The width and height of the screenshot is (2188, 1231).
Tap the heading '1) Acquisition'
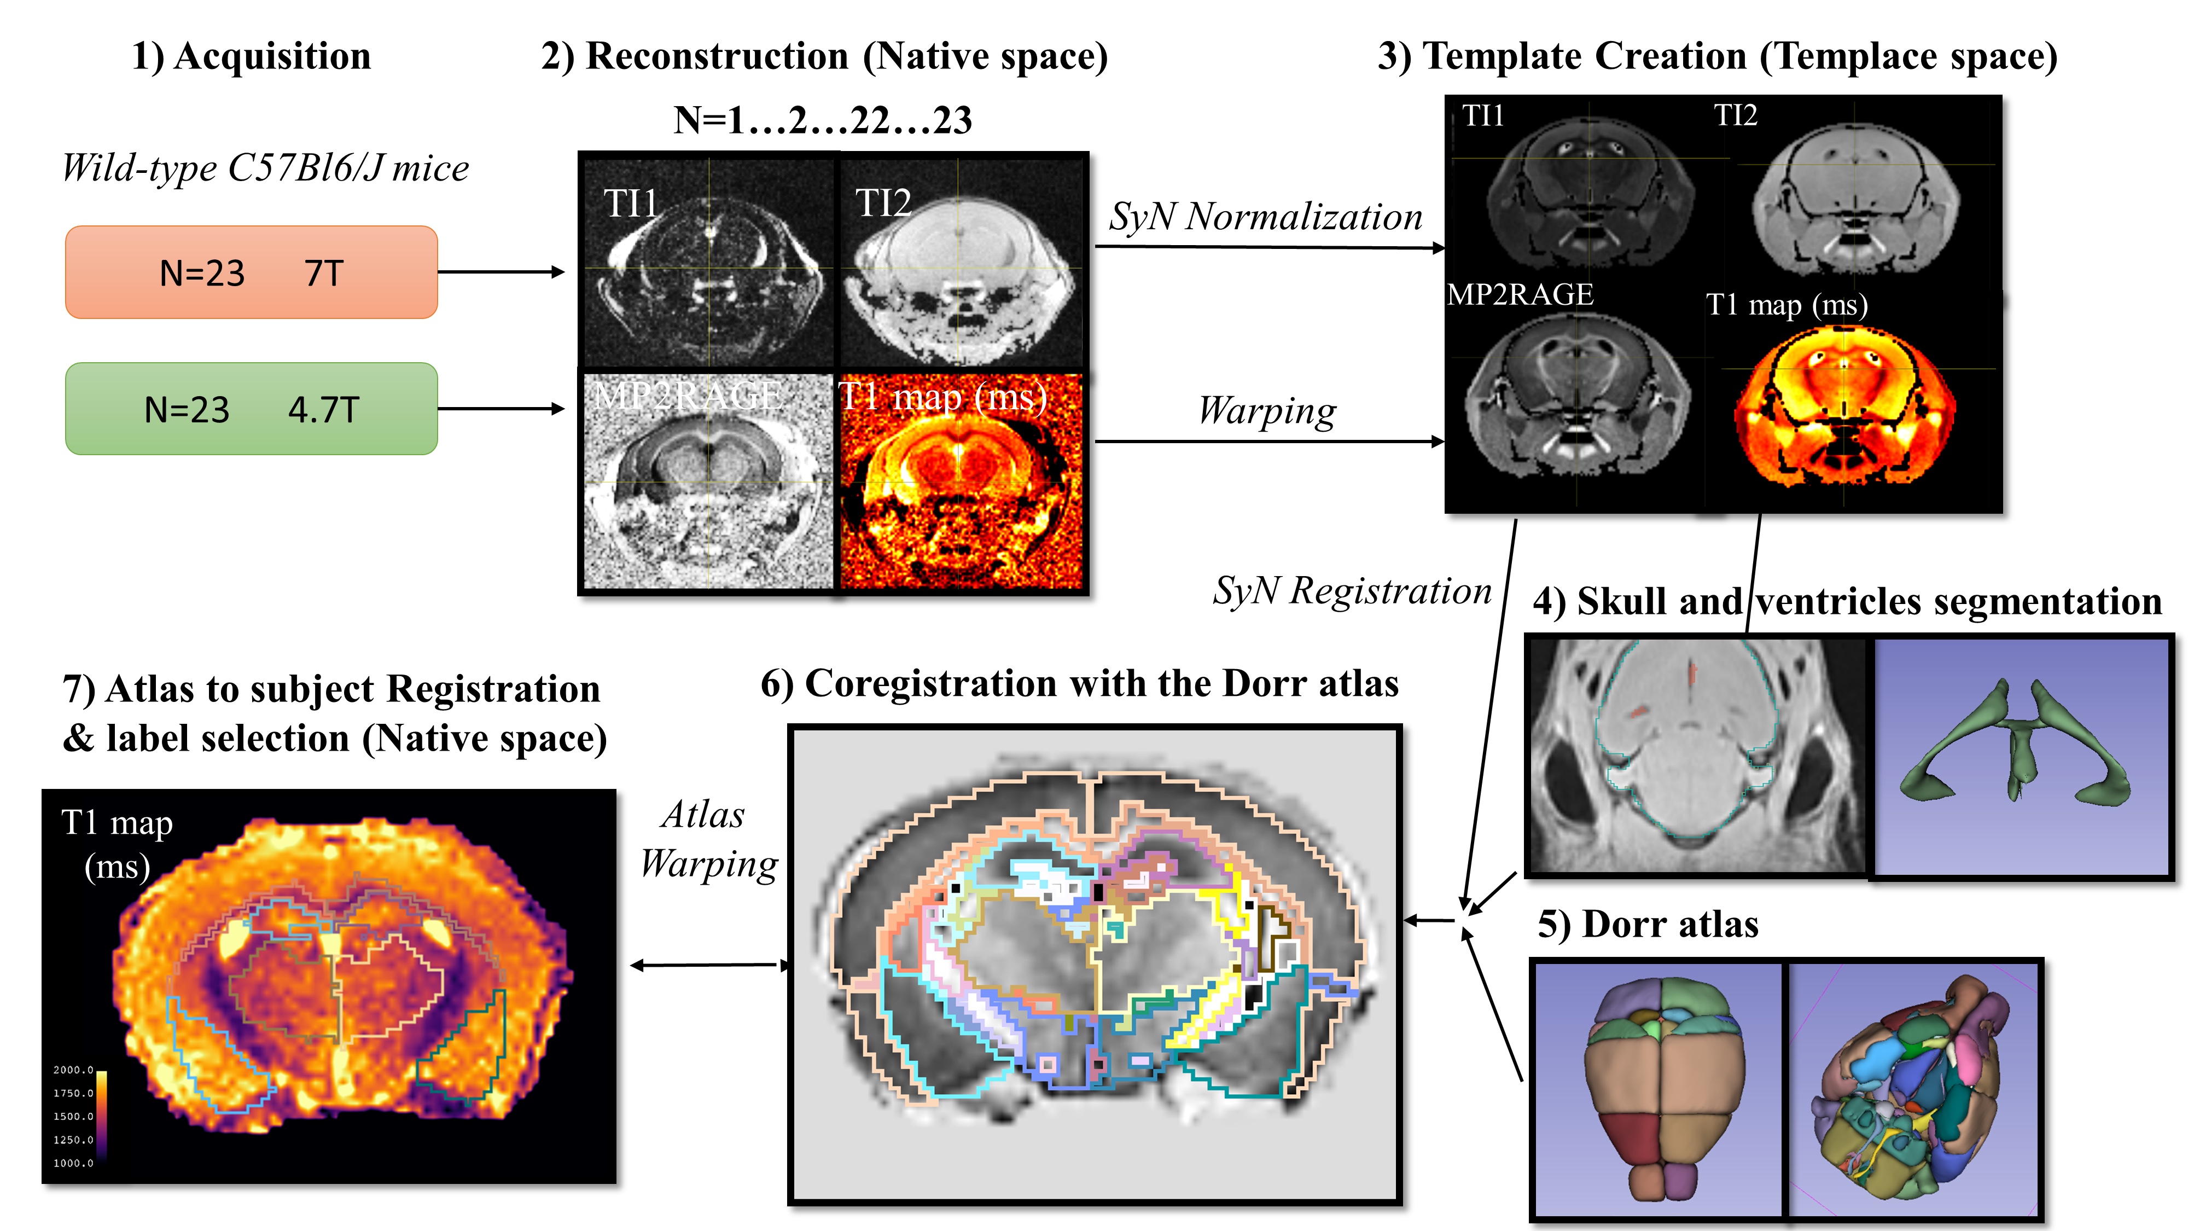coord(252,56)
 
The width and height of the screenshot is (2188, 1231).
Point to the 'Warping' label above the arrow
coord(1266,411)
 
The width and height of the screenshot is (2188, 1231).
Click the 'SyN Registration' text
coord(1351,590)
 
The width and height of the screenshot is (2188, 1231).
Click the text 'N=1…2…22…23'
coord(822,120)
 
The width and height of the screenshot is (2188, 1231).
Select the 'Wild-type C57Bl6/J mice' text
coord(265,167)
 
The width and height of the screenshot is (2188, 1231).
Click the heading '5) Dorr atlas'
coord(1647,924)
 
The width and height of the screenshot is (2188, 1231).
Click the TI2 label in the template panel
coord(1735,115)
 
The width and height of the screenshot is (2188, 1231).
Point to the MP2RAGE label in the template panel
coord(1520,294)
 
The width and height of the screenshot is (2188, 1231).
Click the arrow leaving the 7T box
coord(501,272)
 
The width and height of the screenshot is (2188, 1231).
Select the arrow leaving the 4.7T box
coord(501,409)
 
